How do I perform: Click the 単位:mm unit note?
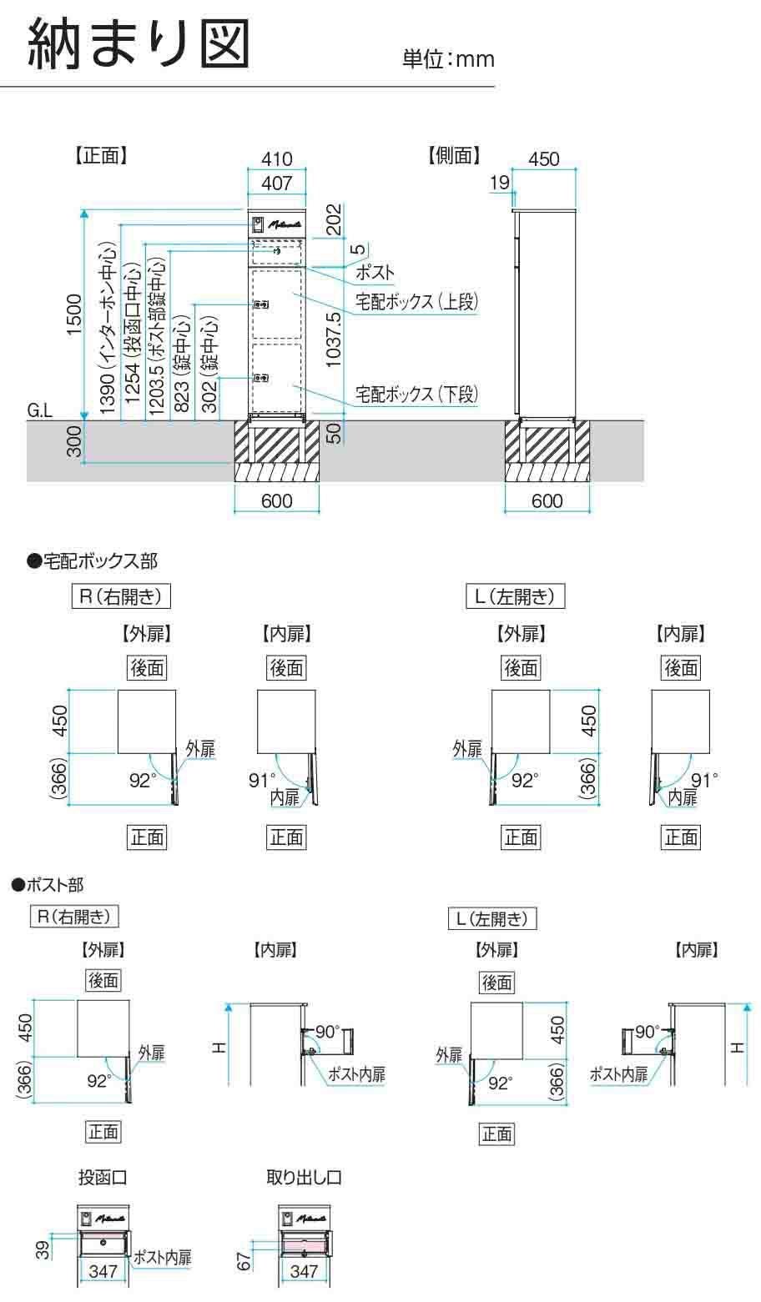click(448, 58)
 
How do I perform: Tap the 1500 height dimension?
click(74, 315)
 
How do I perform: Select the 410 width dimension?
click(276, 158)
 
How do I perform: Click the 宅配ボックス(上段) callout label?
click(416, 302)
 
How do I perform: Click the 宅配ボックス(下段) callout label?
click(416, 394)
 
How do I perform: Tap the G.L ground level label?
click(39, 410)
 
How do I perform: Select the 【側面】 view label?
click(454, 155)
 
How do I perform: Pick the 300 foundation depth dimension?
click(74, 440)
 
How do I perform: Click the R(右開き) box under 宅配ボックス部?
click(122, 596)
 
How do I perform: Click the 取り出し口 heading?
click(304, 1178)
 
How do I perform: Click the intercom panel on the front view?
click(258, 224)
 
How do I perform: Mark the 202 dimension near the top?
click(333, 220)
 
